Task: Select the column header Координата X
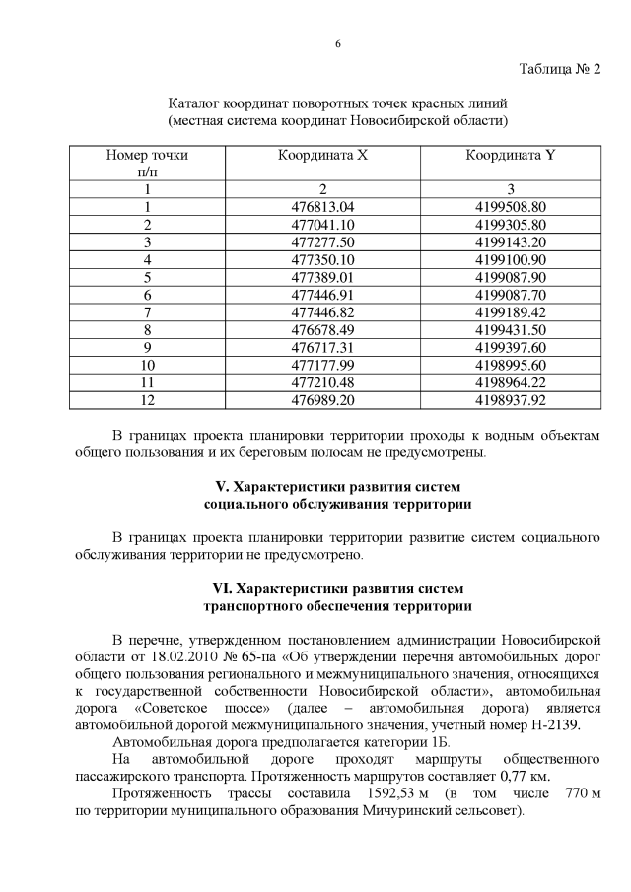click(322, 155)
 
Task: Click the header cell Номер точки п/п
click(147, 163)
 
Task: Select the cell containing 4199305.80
click(510, 224)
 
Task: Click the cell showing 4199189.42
click(510, 312)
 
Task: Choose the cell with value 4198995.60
click(510, 365)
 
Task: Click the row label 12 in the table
click(147, 400)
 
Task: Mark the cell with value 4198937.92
click(510, 400)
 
